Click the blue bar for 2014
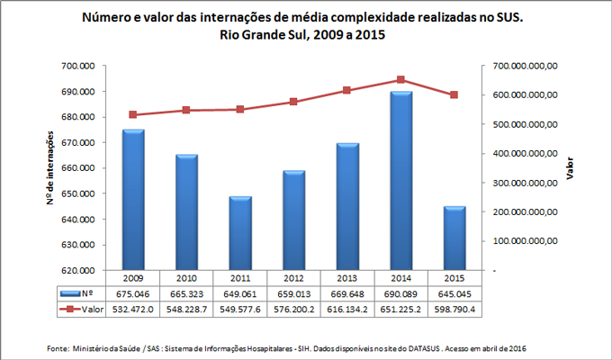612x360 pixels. tap(400, 180)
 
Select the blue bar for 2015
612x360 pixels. tap(454, 238)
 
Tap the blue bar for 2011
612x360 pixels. tap(239, 232)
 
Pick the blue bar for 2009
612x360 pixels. tap(133, 199)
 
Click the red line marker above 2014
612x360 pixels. tap(400, 80)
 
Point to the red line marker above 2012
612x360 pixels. tap(293, 102)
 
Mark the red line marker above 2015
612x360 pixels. tap(454, 94)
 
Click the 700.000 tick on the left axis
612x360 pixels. tap(77, 66)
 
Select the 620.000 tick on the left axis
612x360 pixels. tap(77, 270)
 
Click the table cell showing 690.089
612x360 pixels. tap(400, 292)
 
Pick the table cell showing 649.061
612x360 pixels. tap(239, 292)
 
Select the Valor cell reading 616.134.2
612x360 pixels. tap(347, 308)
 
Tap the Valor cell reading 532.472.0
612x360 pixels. tap(133, 308)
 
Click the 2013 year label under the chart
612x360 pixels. tap(347, 278)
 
